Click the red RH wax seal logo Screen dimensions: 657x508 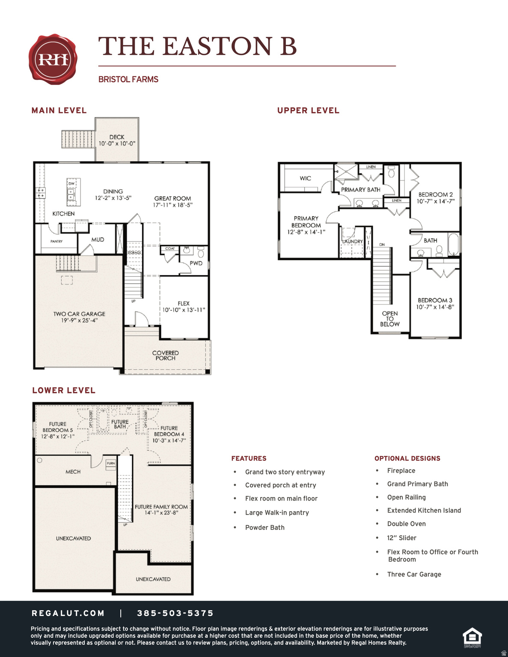pyautogui.click(x=53, y=59)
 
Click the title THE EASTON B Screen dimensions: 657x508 pyautogui.click(x=197, y=46)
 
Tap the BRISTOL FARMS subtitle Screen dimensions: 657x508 pyautogui.click(x=128, y=80)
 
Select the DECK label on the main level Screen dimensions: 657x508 pyautogui.click(x=117, y=137)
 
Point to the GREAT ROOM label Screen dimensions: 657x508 pyautogui.click(x=172, y=198)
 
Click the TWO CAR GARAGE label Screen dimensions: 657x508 pyautogui.click(x=79, y=314)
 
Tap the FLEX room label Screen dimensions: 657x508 pyautogui.click(x=184, y=303)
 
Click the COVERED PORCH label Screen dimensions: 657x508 pyautogui.click(x=165, y=355)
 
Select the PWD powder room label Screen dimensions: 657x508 pyautogui.click(x=196, y=263)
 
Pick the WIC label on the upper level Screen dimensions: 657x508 pyautogui.click(x=305, y=178)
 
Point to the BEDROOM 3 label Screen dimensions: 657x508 pyautogui.click(x=435, y=301)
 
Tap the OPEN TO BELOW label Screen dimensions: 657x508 pyautogui.click(x=389, y=319)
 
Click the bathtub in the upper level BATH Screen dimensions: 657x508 pyautogui.click(x=453, y=244)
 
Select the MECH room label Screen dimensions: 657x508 pyautogui.click(x=73, y=472)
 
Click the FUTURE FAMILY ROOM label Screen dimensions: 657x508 pyautogui.click(x=161, y=507)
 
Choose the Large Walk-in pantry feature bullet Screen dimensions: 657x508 pyautogui.click(x=277, y=513)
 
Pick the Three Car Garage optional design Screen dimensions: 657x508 pyautogui.click(x=414, y=574)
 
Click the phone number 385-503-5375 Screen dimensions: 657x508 pyautogui.click(x=175, y=613)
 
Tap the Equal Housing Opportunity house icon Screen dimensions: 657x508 pyautogui.click(x=472, y=637)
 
